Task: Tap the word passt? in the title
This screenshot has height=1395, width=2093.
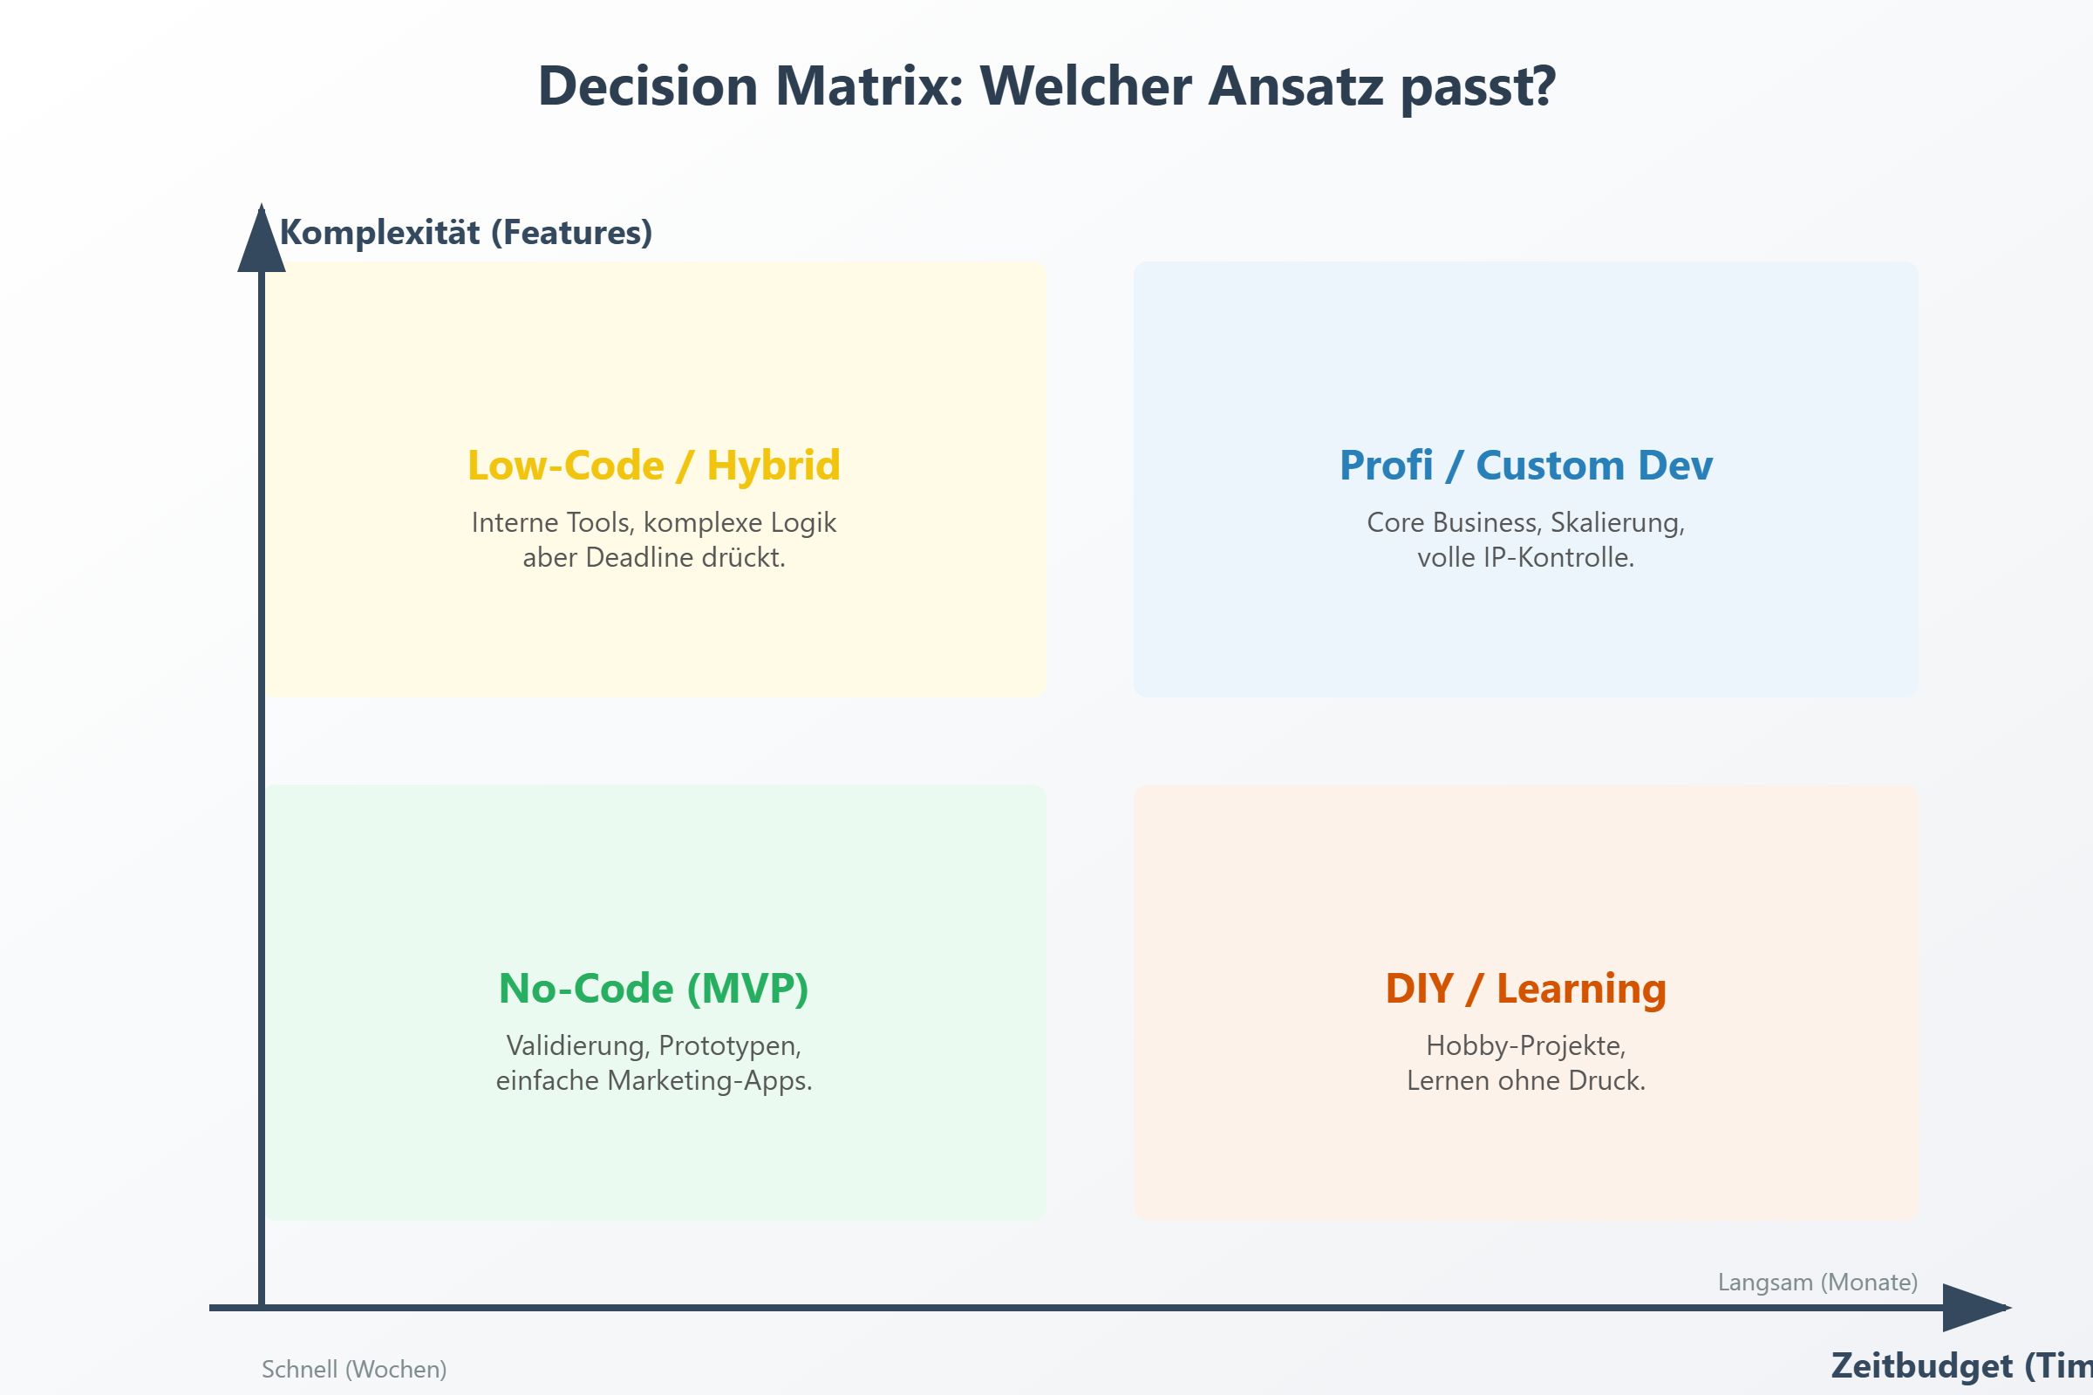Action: coord(1478,88)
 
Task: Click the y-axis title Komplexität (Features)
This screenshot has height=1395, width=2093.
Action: coord(466,233)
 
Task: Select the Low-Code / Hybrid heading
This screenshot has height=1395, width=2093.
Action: coord(653,466)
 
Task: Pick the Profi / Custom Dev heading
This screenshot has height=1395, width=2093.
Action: coord(1525,466)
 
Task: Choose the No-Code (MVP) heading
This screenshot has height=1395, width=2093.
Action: coord(653,989)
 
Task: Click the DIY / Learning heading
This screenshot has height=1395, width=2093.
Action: coord(1525,989)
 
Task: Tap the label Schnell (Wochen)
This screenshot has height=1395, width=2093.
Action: coord(353,1369)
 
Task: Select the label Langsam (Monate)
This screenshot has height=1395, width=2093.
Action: coord(1817,1282)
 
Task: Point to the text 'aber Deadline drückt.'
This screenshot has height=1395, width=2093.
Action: coord(653,558)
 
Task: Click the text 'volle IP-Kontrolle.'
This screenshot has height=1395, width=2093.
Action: coord(1525,558)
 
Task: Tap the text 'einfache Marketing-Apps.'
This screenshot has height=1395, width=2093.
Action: coord(653,1081)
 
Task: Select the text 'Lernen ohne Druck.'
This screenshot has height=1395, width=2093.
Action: coord(1525,1081)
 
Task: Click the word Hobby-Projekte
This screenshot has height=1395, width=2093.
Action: coord(1525,1045)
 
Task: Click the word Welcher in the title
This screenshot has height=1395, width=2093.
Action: coord(1085,86)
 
